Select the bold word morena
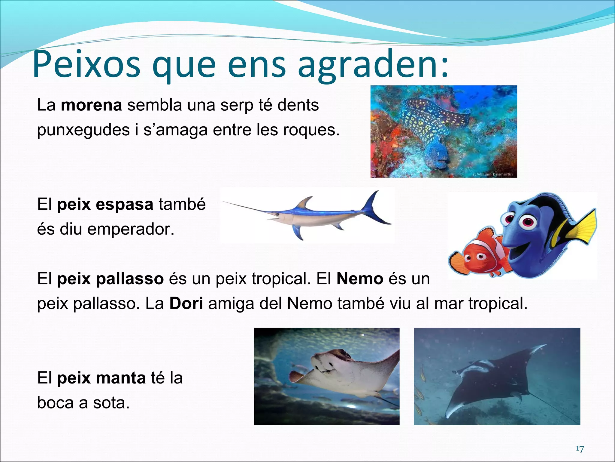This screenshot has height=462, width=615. (x=91, y=105)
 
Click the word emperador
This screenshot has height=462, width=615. (x=131, y=229)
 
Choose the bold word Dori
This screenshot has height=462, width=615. (x=186, y=303)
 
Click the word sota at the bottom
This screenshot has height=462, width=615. (x=111, y=403)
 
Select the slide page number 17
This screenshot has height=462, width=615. (x=580, y=449)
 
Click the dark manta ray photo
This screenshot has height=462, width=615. (x=497, y=376)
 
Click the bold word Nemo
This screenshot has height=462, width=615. (x=360, y=279)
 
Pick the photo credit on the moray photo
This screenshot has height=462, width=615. (x=492, y=174)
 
